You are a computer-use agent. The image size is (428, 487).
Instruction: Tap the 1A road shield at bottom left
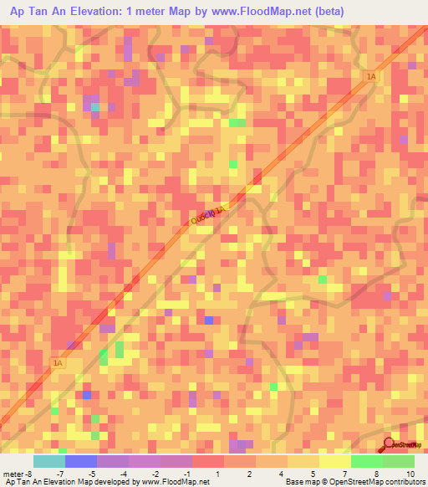[x=58, y=363]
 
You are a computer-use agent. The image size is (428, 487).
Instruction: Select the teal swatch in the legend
[x=48, y=461]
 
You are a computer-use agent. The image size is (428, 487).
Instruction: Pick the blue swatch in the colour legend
[x=80, y=461]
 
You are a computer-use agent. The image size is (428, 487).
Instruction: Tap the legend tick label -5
[x=92, y=474]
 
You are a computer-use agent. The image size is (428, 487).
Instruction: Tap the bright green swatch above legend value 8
[x=366, y=461]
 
